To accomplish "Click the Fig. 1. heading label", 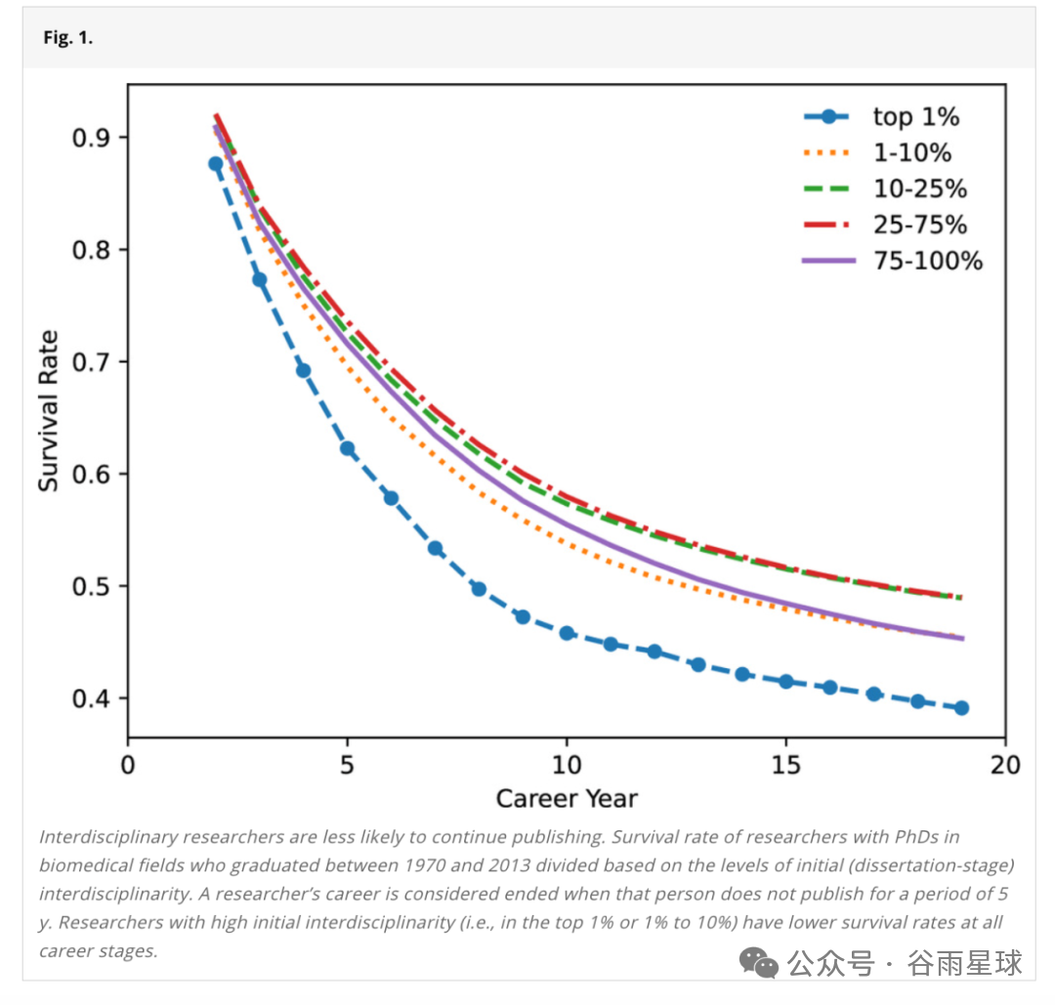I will pyautogui.click(x=67, y=39).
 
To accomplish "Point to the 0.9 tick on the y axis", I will pyautogui.click(x=92, y=137).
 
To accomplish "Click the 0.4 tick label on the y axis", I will pyautogui.click(x=92, y=698).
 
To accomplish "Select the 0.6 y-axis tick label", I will pyautogui.click(x=92, y=474).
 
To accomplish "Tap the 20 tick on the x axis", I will pyautogui.click(x=1005, y=764).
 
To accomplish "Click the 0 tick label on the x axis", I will pyautogui.click(x=128, y=764).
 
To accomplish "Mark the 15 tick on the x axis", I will pyautogui.click(x=785, y=764).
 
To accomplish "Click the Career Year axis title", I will pyautogui.click(x=567, y=799).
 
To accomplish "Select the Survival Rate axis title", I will pyautogui.click(x=49, y=411).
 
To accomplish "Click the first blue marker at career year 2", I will pyautogui.click(x=216, y=164).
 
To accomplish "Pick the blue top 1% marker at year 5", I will pyautogui.click(x=347, y=448).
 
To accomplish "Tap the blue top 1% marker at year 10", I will pyautogui.click(x=567, y=633).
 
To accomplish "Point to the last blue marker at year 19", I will pyautogui.click(x=961, y=708).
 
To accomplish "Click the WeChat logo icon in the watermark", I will pyautogui.click(x=759, y=963).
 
